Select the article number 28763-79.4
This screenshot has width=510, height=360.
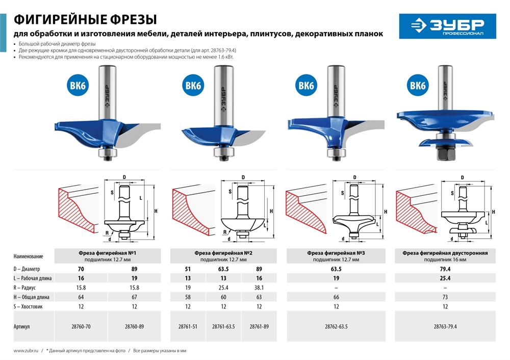(x=445, y=326)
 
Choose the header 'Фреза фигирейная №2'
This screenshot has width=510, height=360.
(x=223, y=252)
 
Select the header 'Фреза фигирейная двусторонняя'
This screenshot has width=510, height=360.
(x=445, y=252)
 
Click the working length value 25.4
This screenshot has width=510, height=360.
(x=445, y=278)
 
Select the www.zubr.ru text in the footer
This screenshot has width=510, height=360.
(x=24, y=350)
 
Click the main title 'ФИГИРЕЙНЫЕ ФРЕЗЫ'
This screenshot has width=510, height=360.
(x=85, y=19)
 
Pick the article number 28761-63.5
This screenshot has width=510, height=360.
(x=223, y=326)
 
